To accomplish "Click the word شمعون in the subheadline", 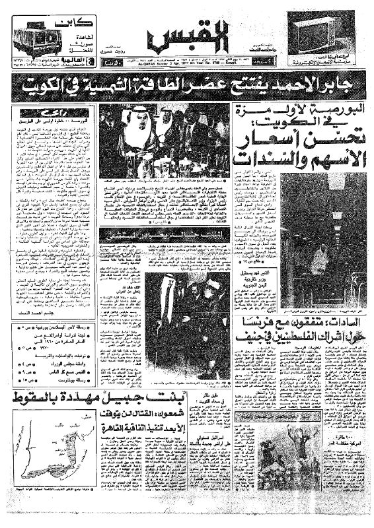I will [190, 418].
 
